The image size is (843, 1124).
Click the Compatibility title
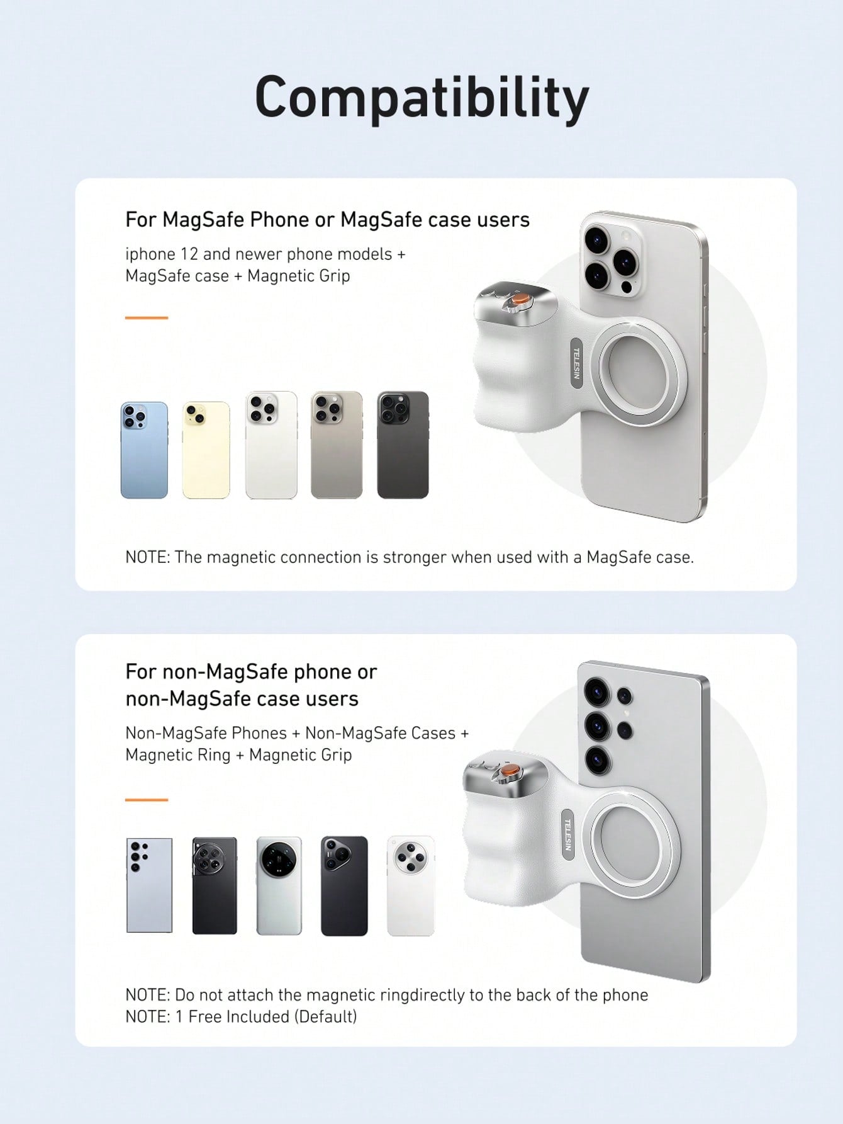click(421, 98)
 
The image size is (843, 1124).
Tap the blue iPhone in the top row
click(144, 450)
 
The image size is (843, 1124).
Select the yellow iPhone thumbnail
click(206, 450)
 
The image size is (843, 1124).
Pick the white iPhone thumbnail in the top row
click(271, 445)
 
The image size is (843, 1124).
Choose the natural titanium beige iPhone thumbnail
click(337, 445)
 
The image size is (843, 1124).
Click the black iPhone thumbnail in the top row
click(403, 445)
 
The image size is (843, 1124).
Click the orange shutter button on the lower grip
click(510, 770)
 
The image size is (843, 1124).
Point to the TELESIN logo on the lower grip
click(567, 834)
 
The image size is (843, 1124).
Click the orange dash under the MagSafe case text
click(147, 318)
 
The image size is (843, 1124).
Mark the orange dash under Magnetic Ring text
click(147, 800)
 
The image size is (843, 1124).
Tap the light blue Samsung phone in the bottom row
click(149, 885)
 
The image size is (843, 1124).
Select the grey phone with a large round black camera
click(279, 885)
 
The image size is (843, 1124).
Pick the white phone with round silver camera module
click(411, 885)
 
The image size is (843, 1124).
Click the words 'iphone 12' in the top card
click(162, 254)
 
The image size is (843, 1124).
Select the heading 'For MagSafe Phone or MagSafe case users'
click(328, 220)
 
